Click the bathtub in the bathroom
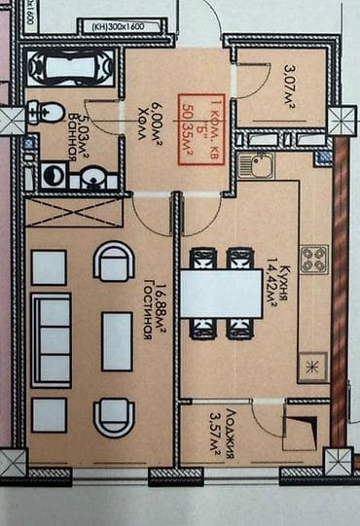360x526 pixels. coord(71,69)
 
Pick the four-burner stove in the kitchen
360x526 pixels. coord(313,259)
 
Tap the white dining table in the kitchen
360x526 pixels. coord(221,293)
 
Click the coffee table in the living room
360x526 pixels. coord(117,340)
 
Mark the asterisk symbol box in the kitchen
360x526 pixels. coord(313,366)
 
